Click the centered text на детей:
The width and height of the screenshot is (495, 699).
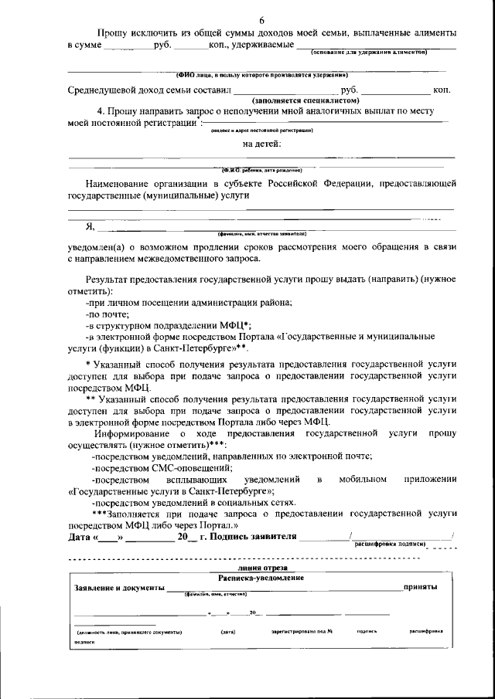262,144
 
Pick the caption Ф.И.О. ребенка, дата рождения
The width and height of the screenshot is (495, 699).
261,169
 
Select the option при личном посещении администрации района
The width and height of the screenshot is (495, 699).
189,304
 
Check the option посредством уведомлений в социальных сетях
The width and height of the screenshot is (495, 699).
184,502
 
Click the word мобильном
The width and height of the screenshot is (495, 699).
362,480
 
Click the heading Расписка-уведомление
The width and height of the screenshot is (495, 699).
261,579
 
